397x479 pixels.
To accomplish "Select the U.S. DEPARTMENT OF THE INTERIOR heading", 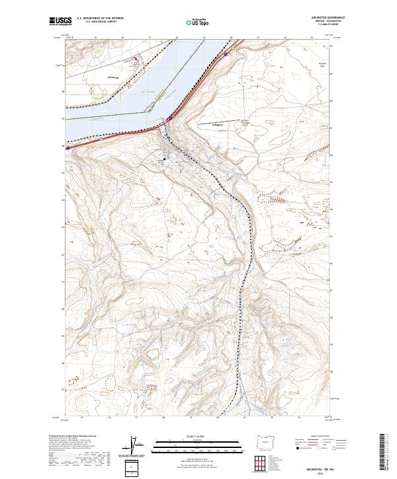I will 101,18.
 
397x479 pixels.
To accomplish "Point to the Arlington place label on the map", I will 199,124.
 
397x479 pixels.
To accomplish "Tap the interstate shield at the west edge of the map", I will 67,148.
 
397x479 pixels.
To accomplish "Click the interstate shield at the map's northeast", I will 226,55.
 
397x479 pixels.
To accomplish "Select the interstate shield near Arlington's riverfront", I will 170,118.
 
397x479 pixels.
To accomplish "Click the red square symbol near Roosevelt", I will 136,59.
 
